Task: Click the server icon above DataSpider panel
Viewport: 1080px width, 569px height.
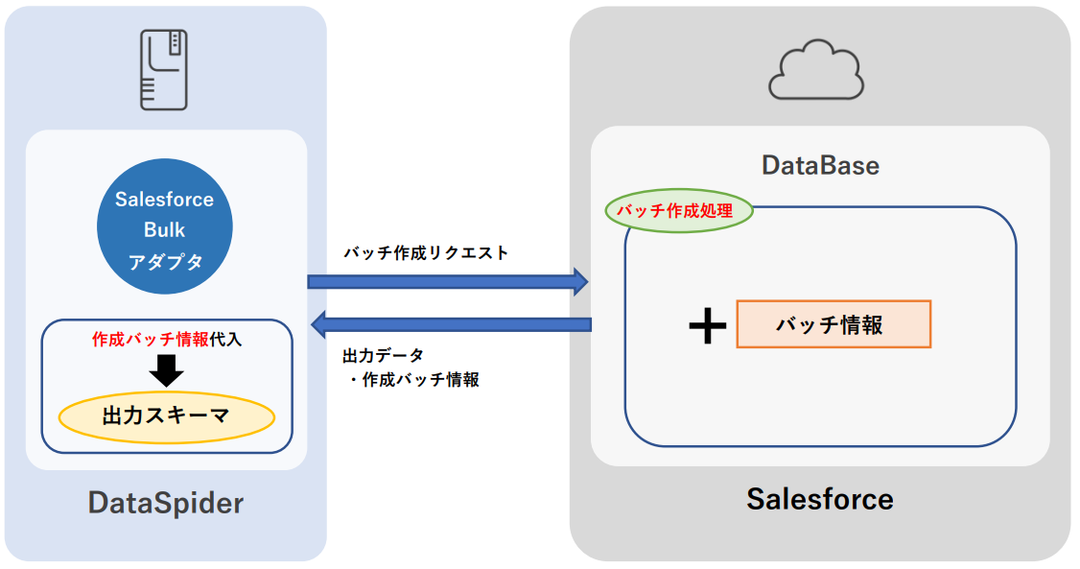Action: pyautogui.click(x=164, y=68)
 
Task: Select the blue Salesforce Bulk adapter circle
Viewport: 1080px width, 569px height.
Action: pyautogui.click(x=165, y=228)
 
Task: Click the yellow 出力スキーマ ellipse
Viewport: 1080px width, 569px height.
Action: pyautogui.click(x=167, y=416)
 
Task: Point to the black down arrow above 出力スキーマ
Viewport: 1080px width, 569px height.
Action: pyautogui.click(x=167, y=369)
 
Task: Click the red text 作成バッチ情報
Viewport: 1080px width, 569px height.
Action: pyautogui.click(x=150, y=339)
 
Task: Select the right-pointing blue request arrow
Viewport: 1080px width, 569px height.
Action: pyautogui.click(x=447, y=281)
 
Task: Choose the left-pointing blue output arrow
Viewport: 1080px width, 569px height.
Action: pyautogui.click(x=452, y=325)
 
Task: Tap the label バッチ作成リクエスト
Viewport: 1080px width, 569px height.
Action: pyautogui.click(x=426, y=253)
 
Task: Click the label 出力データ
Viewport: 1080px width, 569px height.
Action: pyautogui.click(x=383, y=356)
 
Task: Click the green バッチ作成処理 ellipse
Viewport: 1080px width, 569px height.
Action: pyautogui.click(x=678, y=211)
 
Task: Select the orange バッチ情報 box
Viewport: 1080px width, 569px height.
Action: pyautogui.click(x=833, y=324)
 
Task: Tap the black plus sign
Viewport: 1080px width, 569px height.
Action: pyautogui.click(x=708, y=326)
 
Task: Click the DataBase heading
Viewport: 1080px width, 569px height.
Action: pyautogui.click(x=820, y=165)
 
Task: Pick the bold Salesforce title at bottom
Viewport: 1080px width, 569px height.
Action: pyautogui.click(x=819, y=499)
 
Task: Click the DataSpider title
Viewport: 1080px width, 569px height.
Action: pyautogui.click(x=166, y=503)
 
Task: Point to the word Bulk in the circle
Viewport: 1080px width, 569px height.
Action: pyautogui.click(x=165, y=230)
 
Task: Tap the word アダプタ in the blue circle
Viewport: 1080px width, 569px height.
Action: pyautogui.click(x=165, y=260)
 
